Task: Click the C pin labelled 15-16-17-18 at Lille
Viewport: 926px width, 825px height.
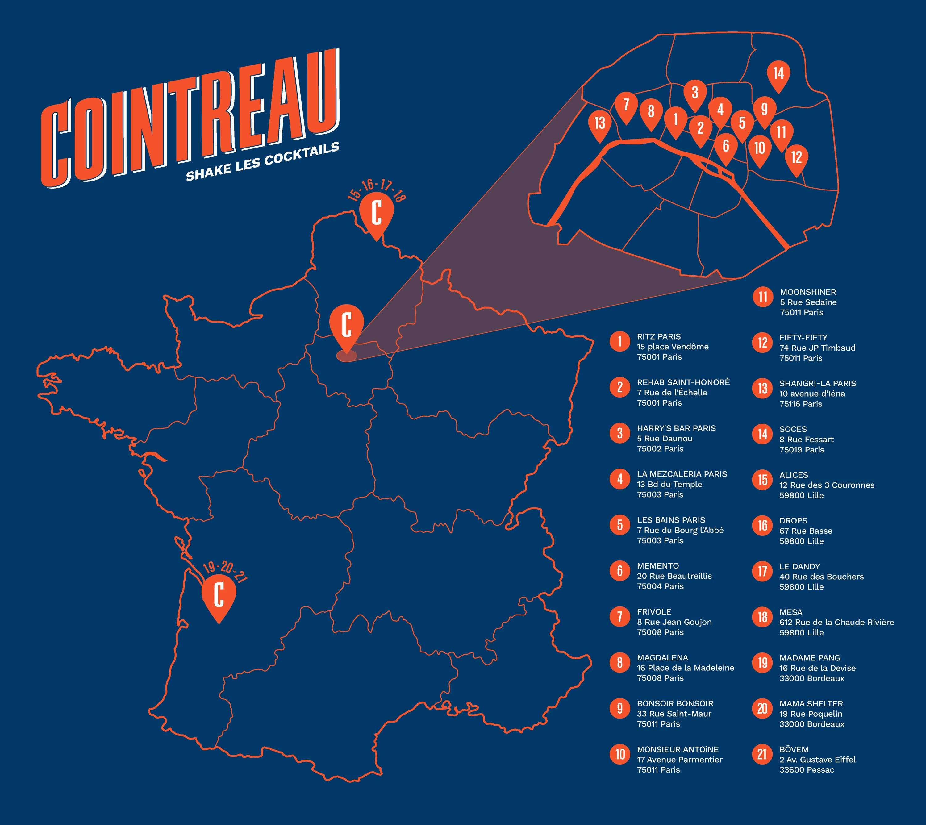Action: click(x=376, y=213)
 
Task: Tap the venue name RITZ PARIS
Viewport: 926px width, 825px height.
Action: click(x=659, y=336)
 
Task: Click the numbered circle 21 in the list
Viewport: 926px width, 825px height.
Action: click(x=762, y=754)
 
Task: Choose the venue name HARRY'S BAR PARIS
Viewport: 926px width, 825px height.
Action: click(x=676, y=428)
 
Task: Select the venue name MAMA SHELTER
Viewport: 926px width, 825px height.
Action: click(x=811, y=703)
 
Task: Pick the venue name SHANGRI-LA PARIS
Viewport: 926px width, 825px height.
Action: click(x=818, y=383)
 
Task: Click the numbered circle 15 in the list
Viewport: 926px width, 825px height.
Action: click(x=762, y=480)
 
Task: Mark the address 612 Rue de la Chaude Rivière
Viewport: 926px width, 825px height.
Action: click(x=836, y=622)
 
